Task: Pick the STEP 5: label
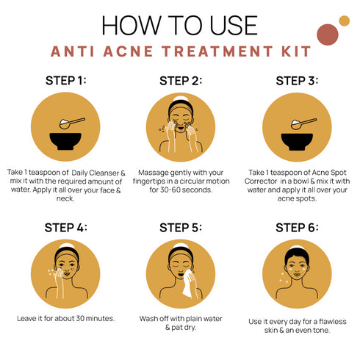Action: click(180, 227)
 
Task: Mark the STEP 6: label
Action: click(295, 227)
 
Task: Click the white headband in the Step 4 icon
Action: click(65, 247)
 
